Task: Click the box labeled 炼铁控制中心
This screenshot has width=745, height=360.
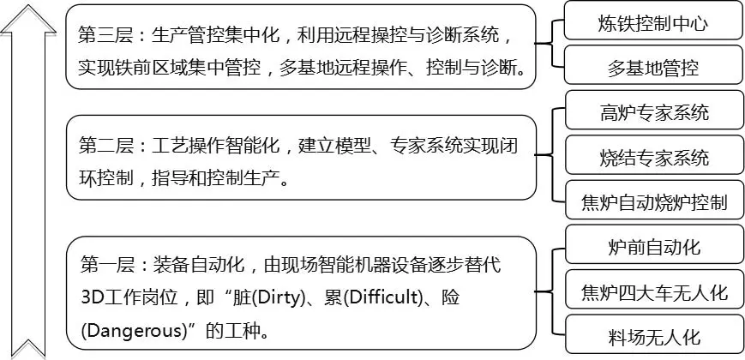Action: click(653, 23)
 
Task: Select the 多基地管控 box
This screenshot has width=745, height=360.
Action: click(653, 66)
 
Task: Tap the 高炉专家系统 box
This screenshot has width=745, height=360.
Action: click(654, 112)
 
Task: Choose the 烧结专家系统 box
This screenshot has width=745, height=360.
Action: click(654, 158)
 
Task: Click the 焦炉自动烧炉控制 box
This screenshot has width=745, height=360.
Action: click(654, 203)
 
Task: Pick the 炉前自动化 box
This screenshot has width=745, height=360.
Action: click(654, 247)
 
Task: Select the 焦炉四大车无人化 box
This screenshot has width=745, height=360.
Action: click(654, 292)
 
